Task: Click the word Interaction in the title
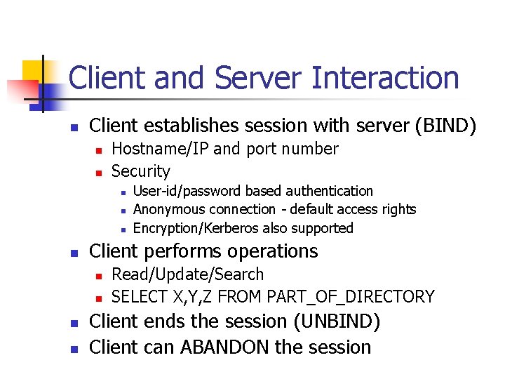tap(385, 78)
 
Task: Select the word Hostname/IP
tap(160, 149)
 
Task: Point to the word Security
tap(141, 171)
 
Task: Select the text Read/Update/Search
tap(188, 274)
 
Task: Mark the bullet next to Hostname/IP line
tap(99, 150)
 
